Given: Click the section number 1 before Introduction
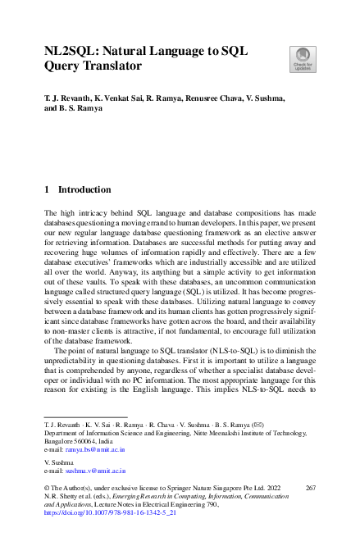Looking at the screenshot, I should coord(46,189).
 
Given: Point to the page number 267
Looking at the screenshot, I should coord(309,488).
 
